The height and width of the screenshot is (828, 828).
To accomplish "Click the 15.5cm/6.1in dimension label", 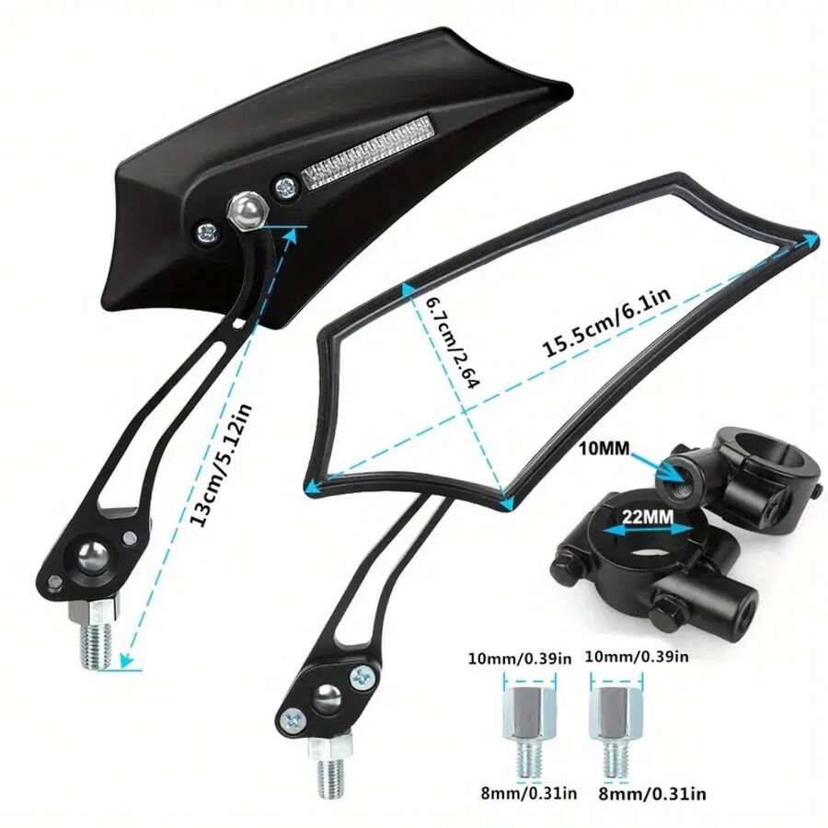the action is click(606, 323).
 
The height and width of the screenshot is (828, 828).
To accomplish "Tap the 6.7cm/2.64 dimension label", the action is click(452, 343).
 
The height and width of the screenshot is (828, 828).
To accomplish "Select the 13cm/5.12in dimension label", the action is click(221, 466).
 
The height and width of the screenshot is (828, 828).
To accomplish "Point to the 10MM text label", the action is click(604, 449).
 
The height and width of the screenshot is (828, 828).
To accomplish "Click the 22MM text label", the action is click(648, 516).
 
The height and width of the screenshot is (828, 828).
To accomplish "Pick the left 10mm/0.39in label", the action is click(520, 659).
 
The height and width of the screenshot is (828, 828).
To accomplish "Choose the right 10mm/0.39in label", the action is click(637, 656).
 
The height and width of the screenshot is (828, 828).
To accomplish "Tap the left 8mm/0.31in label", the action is click(529, 793).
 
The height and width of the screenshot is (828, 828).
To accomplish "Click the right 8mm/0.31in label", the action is click(652, 793).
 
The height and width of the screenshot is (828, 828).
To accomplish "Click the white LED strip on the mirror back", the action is click(367, 153).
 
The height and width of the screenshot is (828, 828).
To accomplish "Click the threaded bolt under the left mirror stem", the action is click(95, 634).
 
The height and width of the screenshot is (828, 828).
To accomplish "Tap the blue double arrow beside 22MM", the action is click(648, 531).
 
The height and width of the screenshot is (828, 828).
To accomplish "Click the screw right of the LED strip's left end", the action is click(286, 187).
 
